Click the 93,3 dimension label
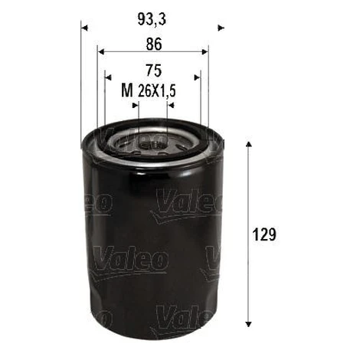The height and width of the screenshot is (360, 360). pyautogui.click(x=152, y=19)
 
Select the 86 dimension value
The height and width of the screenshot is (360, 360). pyautogui.click(x=154, y=44)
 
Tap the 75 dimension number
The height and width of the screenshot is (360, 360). pyautogui.click(x=154, y=70)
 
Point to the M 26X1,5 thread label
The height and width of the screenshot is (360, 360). pyautogui.click(x=149, y=90)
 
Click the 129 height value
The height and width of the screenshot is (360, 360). pyautogui.click(x=264, y=234)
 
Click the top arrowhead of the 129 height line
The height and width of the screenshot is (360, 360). pyautogui.click(x=248, y=144)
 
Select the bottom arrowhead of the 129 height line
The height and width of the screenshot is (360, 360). pyautogui.click(x=248, y=324)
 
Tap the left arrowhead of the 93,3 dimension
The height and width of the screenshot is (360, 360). pyautogui.click(x=84, y=28)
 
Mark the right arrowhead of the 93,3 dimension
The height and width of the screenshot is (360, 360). pyautogui.click(x=221, y=28)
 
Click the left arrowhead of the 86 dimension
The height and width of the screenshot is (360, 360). pyautogui.click(x=101, y=52)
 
